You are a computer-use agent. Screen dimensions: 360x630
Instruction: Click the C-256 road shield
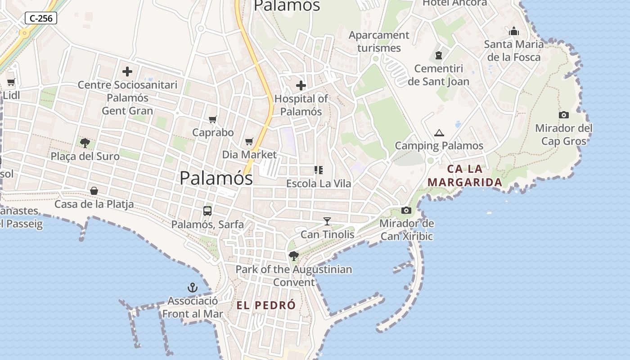(40, 18)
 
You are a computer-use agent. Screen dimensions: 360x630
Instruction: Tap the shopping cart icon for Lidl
(11, 82)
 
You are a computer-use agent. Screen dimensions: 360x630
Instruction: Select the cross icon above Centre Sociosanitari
(127, 71)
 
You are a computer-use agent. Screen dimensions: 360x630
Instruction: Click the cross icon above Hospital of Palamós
(301, 85)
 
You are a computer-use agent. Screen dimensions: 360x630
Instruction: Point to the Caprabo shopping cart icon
(213, 119)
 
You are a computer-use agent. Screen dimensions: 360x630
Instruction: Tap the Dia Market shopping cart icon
(249, 141)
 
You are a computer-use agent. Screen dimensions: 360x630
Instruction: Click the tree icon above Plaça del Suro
(85, 143)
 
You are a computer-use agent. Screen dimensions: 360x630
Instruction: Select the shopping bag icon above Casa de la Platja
(94, 191)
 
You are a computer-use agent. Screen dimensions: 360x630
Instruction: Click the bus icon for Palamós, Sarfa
(207, 211)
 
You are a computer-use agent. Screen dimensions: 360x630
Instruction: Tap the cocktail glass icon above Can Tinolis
(327, 221)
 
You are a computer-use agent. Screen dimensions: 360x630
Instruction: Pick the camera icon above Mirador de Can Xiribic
(406, 210)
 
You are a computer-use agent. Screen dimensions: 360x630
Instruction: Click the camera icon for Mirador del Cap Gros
(563, 115)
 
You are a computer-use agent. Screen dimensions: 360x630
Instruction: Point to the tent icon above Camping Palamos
(439, 133)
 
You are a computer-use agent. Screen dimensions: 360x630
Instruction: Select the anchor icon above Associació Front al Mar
(193, 288)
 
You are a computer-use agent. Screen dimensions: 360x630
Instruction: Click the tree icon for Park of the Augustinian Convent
(294, 256)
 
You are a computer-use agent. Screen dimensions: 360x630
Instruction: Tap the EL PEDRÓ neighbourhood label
(266, 305)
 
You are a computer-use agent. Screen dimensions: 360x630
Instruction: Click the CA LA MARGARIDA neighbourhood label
(465, 175)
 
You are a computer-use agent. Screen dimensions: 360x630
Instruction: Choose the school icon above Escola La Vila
(319, 170)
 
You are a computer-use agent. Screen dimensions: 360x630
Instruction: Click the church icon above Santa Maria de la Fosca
(514, 31)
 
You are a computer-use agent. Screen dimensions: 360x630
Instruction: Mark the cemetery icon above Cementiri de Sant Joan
(438, 56)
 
